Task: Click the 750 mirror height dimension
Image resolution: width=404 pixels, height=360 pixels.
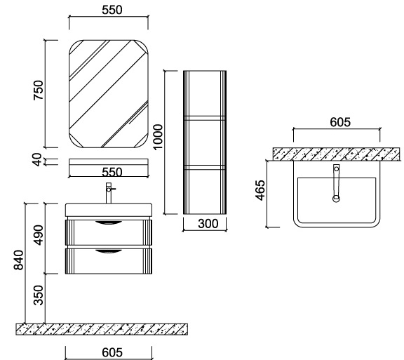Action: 39,91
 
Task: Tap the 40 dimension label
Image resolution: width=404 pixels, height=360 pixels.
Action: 37,159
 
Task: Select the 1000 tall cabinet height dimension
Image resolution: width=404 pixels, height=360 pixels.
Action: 158,137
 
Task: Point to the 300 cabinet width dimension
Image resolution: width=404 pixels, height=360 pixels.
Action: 208,224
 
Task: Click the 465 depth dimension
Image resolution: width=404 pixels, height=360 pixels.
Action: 260,190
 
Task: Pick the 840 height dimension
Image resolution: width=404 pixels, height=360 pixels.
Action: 18,260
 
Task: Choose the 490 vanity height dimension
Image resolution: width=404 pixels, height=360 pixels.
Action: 39,235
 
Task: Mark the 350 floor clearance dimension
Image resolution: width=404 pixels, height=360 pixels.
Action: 39,295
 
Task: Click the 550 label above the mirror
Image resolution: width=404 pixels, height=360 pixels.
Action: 112,10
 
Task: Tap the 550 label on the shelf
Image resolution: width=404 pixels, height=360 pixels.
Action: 112,172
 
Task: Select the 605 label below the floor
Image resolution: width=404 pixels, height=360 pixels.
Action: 112,352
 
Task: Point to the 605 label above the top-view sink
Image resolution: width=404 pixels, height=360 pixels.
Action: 340,122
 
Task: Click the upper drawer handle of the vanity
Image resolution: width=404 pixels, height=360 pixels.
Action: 109,223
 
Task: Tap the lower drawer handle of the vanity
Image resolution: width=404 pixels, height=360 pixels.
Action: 109,251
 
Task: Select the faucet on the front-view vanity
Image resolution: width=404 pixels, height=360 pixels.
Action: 109,193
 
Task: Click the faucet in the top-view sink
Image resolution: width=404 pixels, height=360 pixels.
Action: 336,183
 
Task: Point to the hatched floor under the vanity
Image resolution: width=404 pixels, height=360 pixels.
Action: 102,329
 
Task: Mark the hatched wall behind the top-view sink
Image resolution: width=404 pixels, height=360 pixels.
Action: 337,154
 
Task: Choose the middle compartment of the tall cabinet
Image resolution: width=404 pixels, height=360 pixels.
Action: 205,142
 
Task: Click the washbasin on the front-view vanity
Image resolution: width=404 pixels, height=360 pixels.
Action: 109,210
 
